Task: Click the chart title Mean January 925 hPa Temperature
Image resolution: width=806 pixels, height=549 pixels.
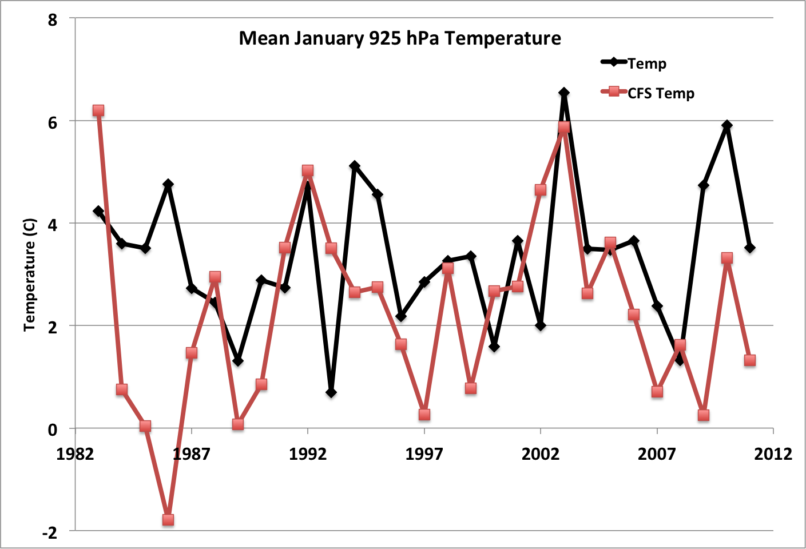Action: click(400, 38)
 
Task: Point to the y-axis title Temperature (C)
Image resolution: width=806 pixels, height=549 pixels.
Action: click(30, 274)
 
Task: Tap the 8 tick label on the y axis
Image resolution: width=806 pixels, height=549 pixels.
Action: click(53, 20)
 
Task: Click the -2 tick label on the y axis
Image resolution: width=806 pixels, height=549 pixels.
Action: click(50, 532)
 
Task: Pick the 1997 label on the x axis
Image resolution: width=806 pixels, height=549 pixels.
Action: click(424, 454)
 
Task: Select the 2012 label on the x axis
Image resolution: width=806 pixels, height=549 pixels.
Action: click(773, 454)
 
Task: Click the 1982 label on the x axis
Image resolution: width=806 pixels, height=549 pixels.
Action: click(75, 454)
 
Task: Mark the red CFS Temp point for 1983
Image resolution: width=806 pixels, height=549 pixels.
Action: click(98, 110)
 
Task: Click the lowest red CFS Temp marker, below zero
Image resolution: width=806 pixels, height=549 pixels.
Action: click(168, 520)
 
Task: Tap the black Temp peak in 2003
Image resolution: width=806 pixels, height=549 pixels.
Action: click(564, 93)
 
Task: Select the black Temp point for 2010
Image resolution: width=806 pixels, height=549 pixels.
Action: click(727, 125)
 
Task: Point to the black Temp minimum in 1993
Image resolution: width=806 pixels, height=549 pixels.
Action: click(331, 393)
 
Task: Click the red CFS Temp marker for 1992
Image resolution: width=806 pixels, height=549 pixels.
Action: click(308, 170)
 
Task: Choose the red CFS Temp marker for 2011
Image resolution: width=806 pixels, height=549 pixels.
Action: click(750, 360)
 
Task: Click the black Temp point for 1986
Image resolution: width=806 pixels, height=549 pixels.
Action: click(168, 184)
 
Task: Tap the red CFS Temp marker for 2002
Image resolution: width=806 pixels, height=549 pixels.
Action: click(541, 190)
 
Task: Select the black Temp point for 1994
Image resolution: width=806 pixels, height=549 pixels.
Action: click(355, 166)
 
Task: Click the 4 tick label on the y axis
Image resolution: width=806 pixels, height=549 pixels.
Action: click(53, 224)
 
